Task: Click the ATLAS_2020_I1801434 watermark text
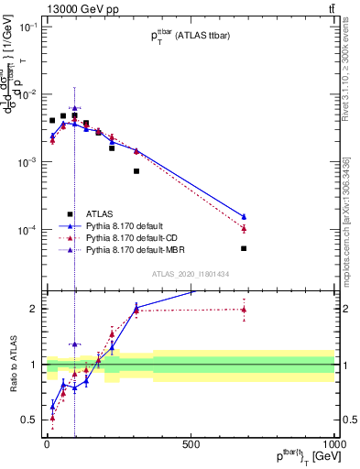point(190,274)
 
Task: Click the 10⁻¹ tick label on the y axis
point(28,27)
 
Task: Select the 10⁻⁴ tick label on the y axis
point(28,230)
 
